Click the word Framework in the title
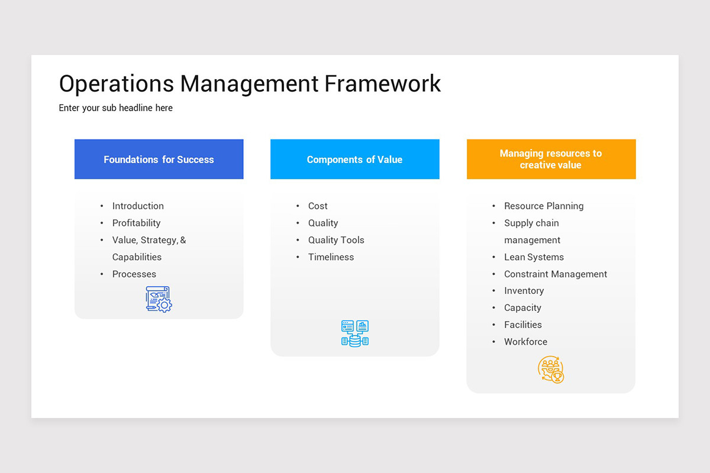tap(383, 84)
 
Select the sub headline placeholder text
tap(116, 108)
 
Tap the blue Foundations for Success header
tap(159, 160)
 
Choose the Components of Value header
tap(354, 160)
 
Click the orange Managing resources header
tap(551, 160)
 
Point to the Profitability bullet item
tap(137, 223)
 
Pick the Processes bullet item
tap(134, 274)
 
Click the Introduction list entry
tap(138, 206)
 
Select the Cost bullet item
tap(318, 206)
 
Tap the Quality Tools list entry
tap(336, 240)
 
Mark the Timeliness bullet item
tap(331, 257)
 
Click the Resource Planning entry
tap(544, 206)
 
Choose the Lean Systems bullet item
tap(534, 257)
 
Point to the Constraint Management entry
tap(556, 274)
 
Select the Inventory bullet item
tap(524, 291)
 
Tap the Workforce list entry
tap(525, 342)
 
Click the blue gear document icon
tap(159, 299)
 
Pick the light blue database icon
tap(355, 333)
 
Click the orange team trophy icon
tap(551, 370)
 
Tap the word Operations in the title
tap(117, 84)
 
